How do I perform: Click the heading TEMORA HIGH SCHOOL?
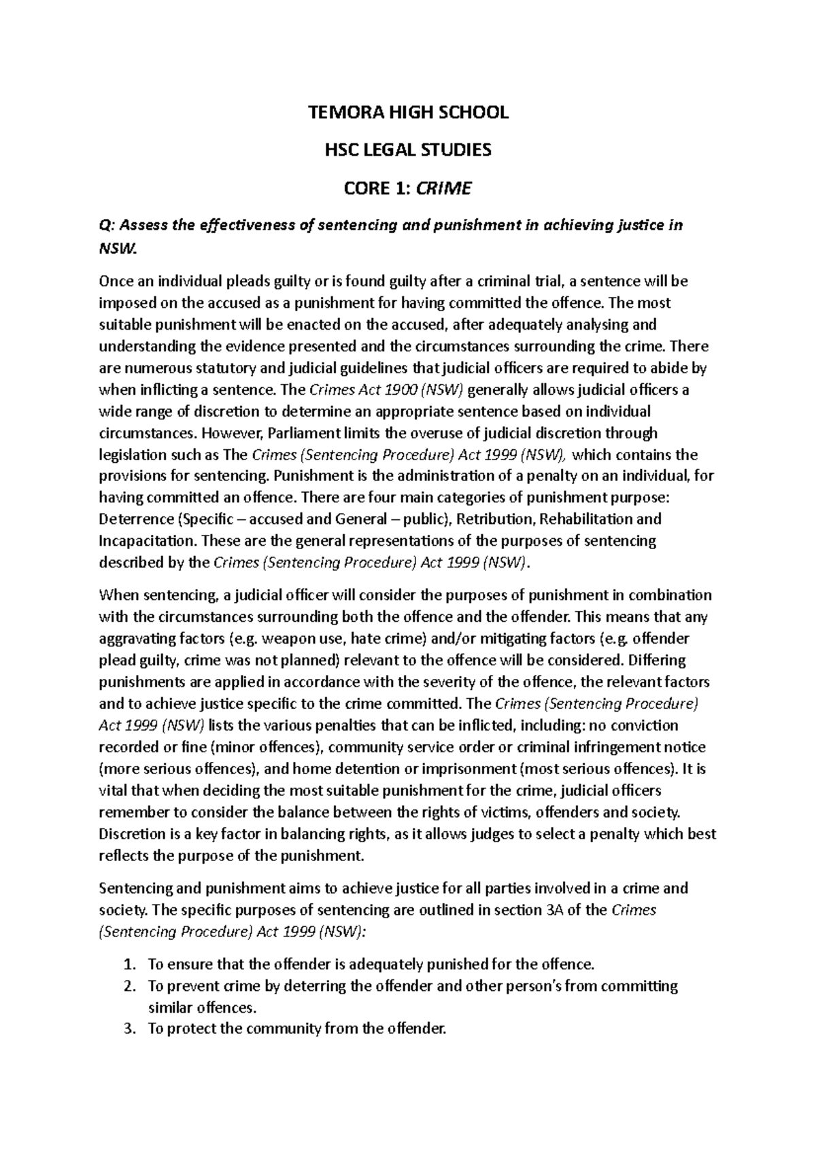408,113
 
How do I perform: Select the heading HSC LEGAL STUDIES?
408,150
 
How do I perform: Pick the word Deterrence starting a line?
136,519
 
